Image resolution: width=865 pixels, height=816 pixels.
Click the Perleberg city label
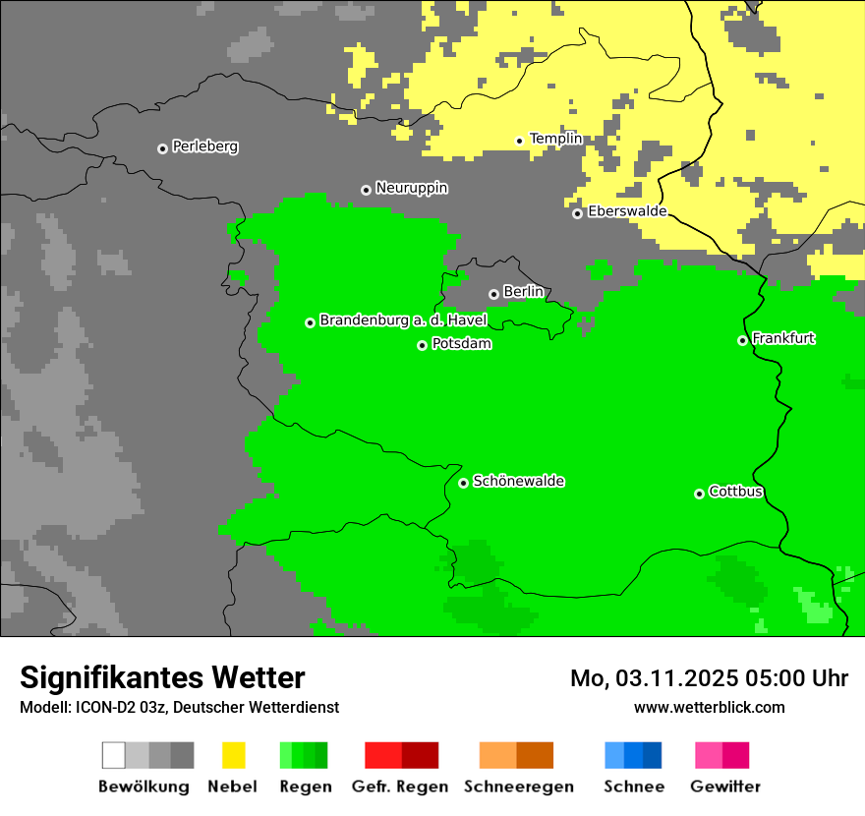pos(204,146)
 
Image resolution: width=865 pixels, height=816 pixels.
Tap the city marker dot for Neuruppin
pos(366,190)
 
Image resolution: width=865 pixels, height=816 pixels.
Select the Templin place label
pos(555,139)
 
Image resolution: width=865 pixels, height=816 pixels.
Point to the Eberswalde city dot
pos(578,213)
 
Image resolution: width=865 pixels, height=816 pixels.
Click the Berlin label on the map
pos(523,292)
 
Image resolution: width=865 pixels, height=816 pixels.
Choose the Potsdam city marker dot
pos(422,345)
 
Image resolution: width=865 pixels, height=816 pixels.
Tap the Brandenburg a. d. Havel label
pos(403,321)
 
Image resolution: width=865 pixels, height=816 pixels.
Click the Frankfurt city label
pos(783,338)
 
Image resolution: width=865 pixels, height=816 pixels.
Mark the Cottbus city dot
pos(699,494)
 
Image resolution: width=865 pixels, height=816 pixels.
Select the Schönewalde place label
pos(518,481)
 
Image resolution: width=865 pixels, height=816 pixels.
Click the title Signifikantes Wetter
pos(162,677)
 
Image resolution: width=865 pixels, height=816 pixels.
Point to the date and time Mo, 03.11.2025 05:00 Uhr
pos(709,678)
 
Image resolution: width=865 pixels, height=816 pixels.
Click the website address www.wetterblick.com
pos(709,707)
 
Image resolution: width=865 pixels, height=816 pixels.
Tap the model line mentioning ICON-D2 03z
pos(179,707)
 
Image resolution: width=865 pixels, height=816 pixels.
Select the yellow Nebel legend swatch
pos(234,755)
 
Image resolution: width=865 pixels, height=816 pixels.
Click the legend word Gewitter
pos(724,787)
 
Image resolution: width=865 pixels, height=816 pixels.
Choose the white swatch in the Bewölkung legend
pos(113,755)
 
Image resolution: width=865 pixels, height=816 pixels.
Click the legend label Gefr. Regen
pos(399,787)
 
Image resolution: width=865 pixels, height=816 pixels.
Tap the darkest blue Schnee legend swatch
pos(653,755)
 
